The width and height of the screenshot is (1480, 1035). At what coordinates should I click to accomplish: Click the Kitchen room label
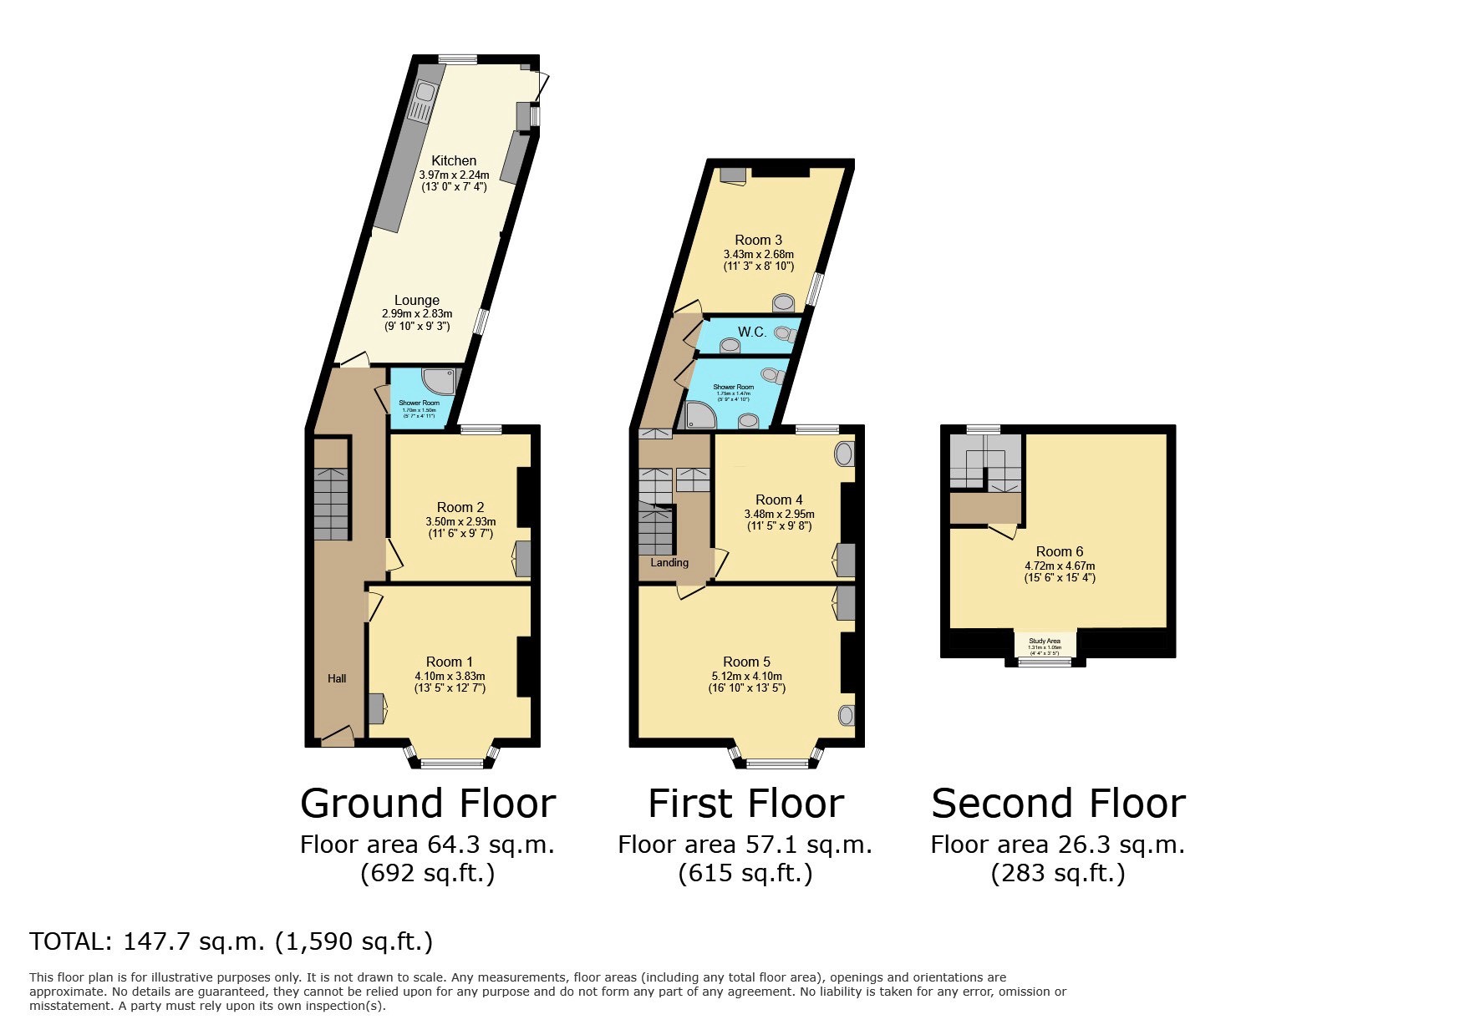tap(454, 160)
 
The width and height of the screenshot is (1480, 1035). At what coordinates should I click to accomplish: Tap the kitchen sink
tap(425, 100)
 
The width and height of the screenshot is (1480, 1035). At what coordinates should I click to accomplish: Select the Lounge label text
tap(417, 300)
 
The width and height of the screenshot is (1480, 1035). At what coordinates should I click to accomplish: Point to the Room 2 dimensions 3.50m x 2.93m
tap(460, 521)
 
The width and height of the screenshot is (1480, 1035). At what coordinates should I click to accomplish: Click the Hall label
tap(337, 678)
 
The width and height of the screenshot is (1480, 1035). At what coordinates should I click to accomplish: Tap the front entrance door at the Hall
tap(338, 737)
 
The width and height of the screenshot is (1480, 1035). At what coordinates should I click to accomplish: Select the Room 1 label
tap(450, 662)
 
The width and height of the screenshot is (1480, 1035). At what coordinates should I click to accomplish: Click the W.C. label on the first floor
tap(752, 332)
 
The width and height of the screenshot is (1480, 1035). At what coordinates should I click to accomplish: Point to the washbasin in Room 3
tap(784, 302)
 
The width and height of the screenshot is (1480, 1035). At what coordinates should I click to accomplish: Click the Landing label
tap(669, 562)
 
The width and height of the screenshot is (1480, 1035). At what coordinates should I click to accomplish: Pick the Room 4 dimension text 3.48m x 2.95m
tap(779, 514)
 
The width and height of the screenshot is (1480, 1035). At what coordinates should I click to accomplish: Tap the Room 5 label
tap(746, 662)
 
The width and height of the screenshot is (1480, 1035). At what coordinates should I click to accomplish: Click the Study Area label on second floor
tap(1045, 641)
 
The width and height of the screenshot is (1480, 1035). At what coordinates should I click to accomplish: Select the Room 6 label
tap(1060, 551)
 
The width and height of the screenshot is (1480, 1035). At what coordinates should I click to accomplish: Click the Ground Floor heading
tap(428, 804)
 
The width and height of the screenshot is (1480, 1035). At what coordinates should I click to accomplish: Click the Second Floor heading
tap(1058, 804)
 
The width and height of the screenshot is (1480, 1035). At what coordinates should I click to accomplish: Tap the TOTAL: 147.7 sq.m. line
tap(231, 941)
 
